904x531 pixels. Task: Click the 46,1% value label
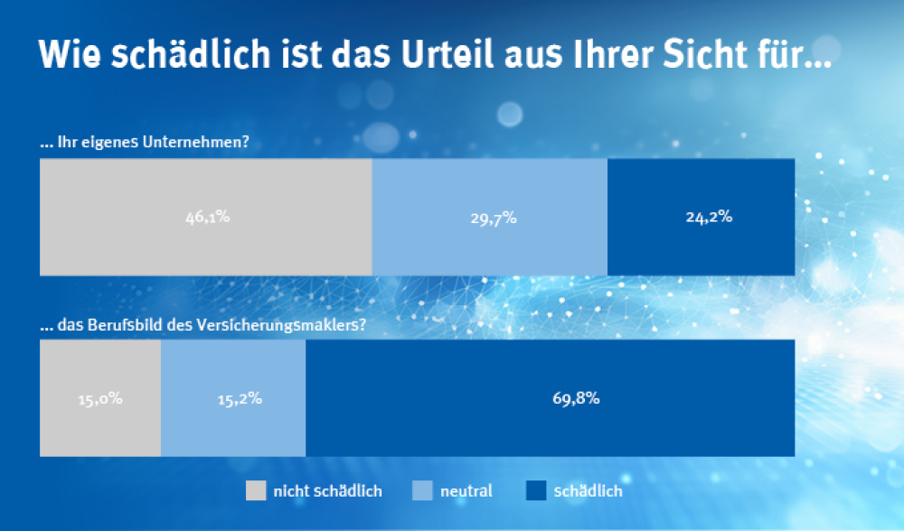tap(205, 218)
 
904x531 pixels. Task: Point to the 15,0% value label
tap(99, 398)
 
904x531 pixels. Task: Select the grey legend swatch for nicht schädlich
tap(257, 490)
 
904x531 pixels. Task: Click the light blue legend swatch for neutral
tap(422, 490)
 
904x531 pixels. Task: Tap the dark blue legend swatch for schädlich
tap(536, 490)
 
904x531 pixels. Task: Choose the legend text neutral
tap(466, 491)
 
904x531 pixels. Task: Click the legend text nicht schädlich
tap(327, 491)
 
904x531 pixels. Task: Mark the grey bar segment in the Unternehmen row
tap(206, 244)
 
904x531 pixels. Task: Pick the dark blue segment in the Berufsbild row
tap(550, 424)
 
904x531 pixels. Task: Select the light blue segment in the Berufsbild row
tap(233, 424)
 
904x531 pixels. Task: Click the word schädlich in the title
tap(181, 56)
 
